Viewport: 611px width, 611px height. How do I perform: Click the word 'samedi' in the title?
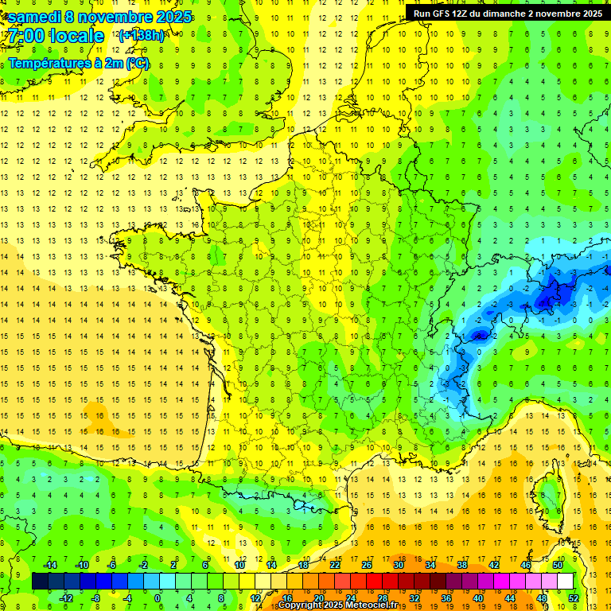click(x=35, y=17)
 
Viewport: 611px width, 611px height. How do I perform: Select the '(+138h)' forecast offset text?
click(x=141, y=36)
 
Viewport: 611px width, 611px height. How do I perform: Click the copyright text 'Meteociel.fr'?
click(x=374, y=605)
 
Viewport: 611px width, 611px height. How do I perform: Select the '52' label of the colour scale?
click(x=573, y=598)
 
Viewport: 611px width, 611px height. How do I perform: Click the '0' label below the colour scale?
click(x=158, y=598)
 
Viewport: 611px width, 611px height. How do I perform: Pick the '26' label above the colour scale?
click(x=366, y=565)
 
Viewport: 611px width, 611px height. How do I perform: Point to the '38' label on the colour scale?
click(x=461, y=565)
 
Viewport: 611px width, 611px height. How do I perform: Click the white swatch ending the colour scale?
click(x=565, y=582)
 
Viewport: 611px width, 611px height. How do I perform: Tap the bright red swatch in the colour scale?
click(x=374, y=582)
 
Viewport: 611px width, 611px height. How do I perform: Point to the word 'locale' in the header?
click(x=76, y=36)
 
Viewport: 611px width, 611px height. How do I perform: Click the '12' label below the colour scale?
click(x=255, y=598)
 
